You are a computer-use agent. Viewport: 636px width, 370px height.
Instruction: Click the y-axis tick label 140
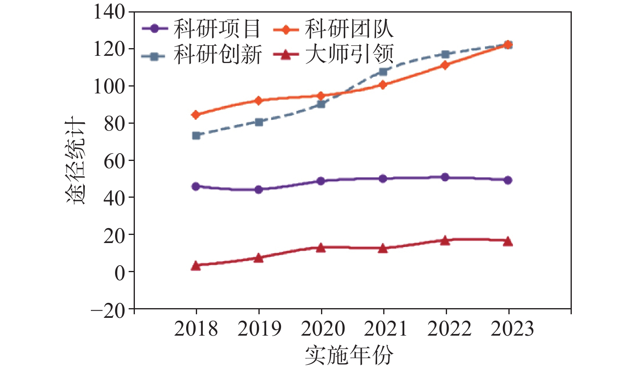[x=109, y=12]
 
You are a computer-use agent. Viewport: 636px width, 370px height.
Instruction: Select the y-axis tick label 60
[x=114, y=161]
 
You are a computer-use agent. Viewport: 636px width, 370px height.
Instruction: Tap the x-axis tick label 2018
[x=196, y=329]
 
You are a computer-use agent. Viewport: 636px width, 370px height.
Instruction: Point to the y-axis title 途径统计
[x=76, y=161]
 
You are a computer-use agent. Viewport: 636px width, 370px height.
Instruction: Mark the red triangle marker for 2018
[x=196, y=265]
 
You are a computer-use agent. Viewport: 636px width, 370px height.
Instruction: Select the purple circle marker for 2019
[x=259, y=189]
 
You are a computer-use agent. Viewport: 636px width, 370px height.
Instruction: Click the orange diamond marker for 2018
[x=196, y=115]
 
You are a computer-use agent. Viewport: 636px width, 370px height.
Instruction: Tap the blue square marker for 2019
[x=259, y=122]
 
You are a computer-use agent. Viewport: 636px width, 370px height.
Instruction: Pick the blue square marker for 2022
[x=445, y=55]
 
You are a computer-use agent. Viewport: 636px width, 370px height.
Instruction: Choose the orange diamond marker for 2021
[x=383, y=85]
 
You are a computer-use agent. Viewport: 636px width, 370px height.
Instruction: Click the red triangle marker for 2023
[x=508, y=241]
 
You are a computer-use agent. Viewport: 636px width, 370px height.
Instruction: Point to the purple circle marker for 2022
[x=445, y=177]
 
